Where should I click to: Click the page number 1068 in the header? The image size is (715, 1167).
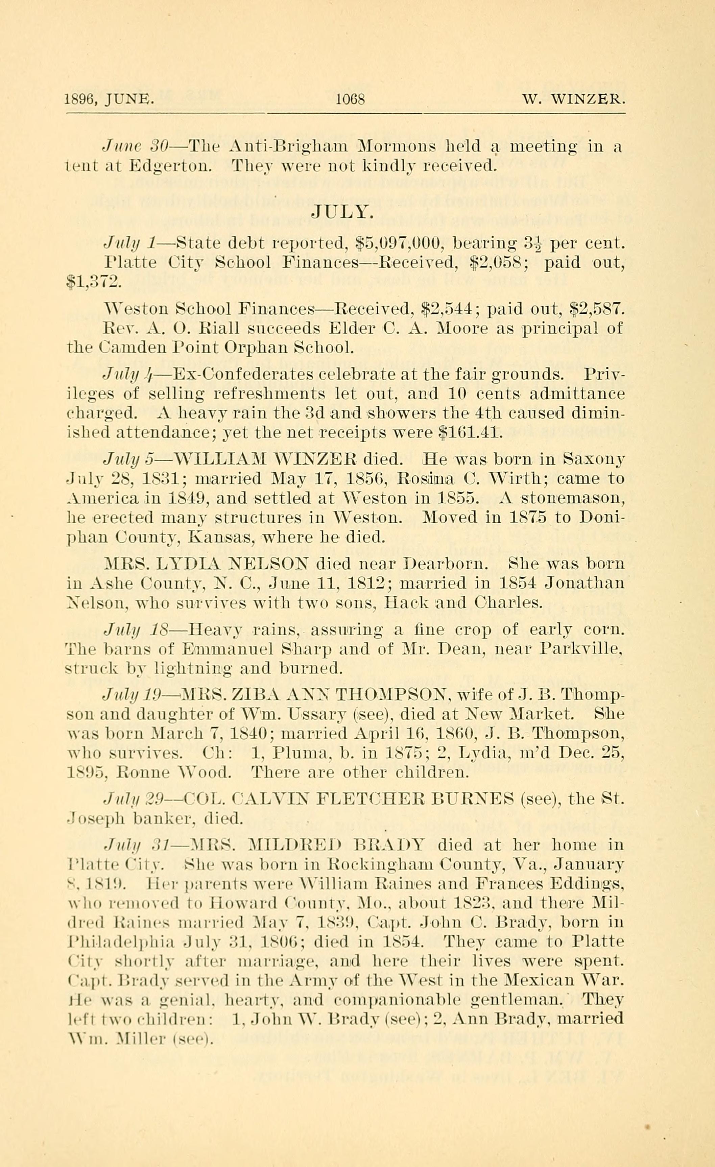[350, 99]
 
